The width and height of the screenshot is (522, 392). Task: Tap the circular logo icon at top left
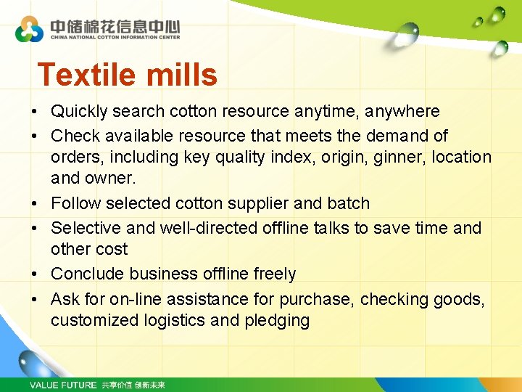click(x=30, y=30)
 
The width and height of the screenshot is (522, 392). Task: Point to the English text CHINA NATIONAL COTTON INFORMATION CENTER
click(x=115, y=37)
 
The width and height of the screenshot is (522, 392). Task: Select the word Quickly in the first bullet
click(x=79, y=112)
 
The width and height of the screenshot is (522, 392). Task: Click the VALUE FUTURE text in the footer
click(x=63, y=385)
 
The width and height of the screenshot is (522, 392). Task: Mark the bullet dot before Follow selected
click(x=34, y=204)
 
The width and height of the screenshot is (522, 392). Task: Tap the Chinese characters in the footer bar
click(x=133, y=385)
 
